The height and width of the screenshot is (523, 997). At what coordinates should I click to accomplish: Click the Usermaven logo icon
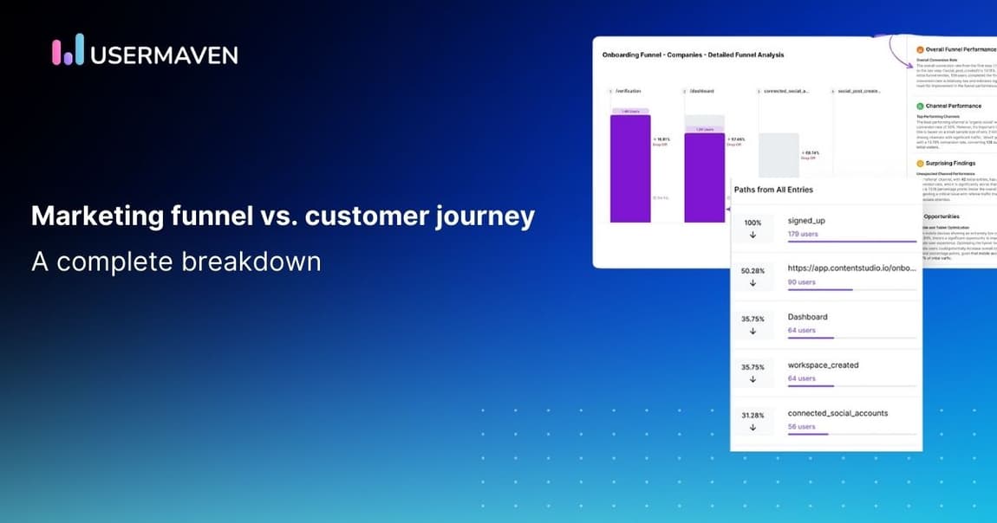pyautogui.click(x=68, y=50)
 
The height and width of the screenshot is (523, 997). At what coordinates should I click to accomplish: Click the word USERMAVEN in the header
pyautogui.click(x=164, y=55)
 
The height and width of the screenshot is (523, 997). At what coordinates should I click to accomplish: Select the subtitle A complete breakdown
pyautogui.click(x=176, y=261)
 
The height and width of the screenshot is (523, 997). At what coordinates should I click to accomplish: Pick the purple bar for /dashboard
pyautogui.click(x=704, y=177)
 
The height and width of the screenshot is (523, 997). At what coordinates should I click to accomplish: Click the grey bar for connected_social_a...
pyautogui.click(x=778, y=156)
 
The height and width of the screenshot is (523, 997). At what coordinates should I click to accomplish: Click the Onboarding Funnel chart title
pyautogui.click(x=693, y=55)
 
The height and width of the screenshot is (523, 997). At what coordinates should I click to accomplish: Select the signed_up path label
pyautogui.click(x=806, y=221)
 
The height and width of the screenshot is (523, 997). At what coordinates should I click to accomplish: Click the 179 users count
pyautogui.click(x=804, y=234)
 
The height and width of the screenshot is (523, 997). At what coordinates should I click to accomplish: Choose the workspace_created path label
pyautogui.click(x=823, y=365)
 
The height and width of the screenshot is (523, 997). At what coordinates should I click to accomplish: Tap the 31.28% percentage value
pyautogui.click(x=753, y=416)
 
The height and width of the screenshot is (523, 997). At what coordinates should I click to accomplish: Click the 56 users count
pyautogui.click(x=801, y=427)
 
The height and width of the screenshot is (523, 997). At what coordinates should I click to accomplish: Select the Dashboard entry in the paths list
pyautogui.click(x=807, y=317)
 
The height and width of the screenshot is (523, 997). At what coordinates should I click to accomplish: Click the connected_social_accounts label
pyautogui.click(x=837, y=413)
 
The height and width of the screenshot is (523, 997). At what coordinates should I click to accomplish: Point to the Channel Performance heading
pyautogui.click(x=953, y=106)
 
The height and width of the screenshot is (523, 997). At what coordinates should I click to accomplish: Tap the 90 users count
pyautogui.click(x=801, y=282)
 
